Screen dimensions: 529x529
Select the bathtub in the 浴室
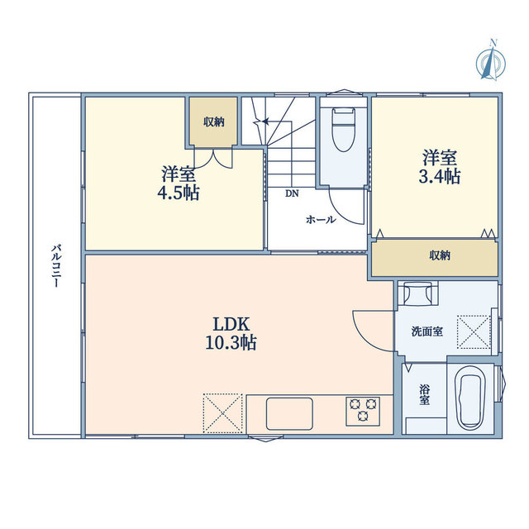[x=471, y=398]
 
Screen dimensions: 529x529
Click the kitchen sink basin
[x=289, y=414]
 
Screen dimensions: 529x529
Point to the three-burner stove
[x=363, y=411]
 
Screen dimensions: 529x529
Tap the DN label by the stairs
[x=292, y=193]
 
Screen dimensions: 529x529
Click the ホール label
[x=321, y=220]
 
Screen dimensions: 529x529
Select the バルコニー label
[x=56, y=266]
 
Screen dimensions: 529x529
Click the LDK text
[x=231, y=325]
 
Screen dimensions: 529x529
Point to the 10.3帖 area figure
[x=231, y=343]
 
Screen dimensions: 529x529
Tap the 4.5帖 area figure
[x=179, y=193]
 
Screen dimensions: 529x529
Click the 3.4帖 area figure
[x=440, y=176]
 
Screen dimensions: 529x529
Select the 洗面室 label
[x=427, y=331]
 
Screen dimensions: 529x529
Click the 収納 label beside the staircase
[x=214, y=122]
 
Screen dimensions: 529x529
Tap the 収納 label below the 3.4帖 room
[x=440, y=255]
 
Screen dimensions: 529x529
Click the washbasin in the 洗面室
[x=418, y=293]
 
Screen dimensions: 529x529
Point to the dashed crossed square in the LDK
[x=222, y=413]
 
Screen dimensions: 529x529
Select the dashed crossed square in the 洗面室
[x=474, y=332]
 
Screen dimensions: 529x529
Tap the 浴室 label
[x=424, y=395]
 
